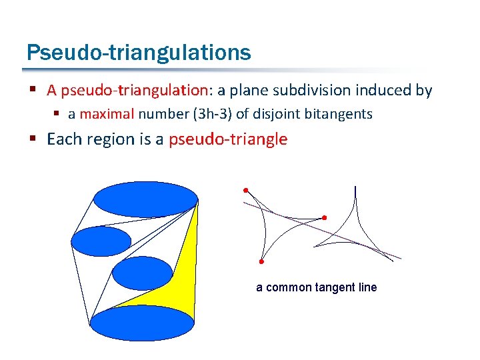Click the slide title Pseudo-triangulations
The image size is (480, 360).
(x=139, y=53)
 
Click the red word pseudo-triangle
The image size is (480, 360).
(x=228, y=139)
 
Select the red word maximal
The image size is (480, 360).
(x=108, y=114)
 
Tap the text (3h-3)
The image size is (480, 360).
(x=212, y=114)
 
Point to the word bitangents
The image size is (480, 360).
(x=339, y=114)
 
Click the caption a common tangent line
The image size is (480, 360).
(x=317, y=287)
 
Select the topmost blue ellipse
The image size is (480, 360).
(x=146, y=199)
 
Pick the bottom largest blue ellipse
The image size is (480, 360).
(x=142, y=323)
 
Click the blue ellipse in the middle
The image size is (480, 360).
(x=142, y=273)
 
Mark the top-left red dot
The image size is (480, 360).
(x=245, y=189)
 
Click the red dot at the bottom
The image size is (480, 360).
(x=262, y=261)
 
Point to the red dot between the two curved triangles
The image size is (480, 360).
(x=325, y=217)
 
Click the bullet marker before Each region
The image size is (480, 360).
(x=32, y=139)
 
